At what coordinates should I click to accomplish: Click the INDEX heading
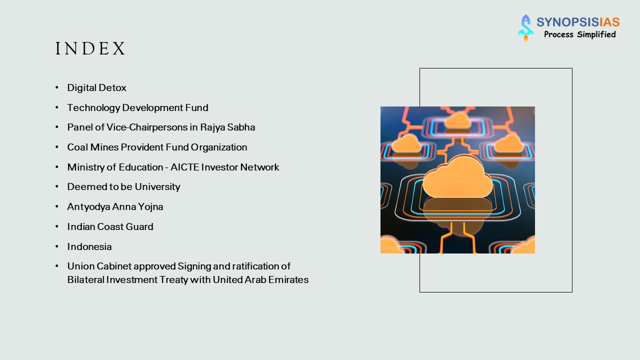click(90, 49)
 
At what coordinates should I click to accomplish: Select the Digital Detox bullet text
click(97, 88)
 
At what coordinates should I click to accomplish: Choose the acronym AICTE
click(185, 167)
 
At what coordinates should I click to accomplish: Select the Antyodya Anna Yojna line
click(115, 207)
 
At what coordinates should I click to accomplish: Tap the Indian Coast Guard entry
click(110, 227)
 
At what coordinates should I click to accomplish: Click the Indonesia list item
click(89, 247)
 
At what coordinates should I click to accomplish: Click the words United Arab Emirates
click(260, 280)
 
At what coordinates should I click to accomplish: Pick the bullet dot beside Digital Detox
click(57, 88)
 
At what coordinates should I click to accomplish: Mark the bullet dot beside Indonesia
click(57, 247)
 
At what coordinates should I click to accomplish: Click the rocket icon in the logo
click(525, 28)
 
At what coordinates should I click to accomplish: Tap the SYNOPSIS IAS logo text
click(578, 22)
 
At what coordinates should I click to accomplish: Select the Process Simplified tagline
click(579, 34)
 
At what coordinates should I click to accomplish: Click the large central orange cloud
click(457, 177)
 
